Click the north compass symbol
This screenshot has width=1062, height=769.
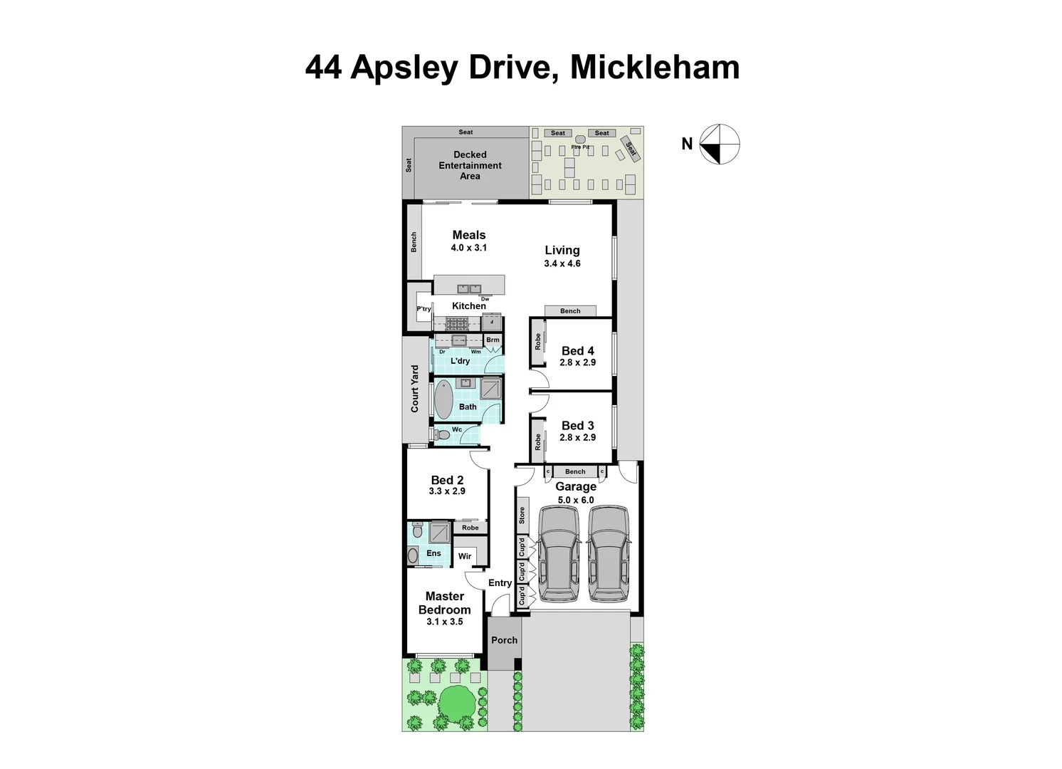pyautogui.click(x=719, y=144)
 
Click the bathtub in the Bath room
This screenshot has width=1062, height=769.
pyautogui.click(x=443, y=400)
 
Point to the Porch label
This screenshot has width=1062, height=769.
pyautogui.click(x=504, y=640)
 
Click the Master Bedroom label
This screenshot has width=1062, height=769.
pyautogui.click(x=444, y=603)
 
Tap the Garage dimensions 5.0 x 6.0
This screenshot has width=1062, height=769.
pyautogui.click(x=576, y=500)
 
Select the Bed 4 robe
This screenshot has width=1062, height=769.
pyautogui.click(x=538, y=342)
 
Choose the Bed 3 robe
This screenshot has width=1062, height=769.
pyautogui.click(x=538, y=441)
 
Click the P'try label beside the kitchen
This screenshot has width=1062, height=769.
pyautogui.click(x=424, y=309)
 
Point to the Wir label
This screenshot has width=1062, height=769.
pyautogui.click(x=464, y=556)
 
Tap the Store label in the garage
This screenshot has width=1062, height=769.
pyautogui.click(x=522, y=516)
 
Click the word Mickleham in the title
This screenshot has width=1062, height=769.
pyautogui.click(x=655, y=68)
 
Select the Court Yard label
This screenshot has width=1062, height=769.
pyautogui.click(x=415, y=389)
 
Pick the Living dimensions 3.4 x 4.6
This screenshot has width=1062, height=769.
pyautogui.click(x=562, y=263)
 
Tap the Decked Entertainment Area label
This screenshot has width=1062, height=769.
pyautogui.click(x=470, y=165)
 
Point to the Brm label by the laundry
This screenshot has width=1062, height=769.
pyautogui.click(x=493, y=340)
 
